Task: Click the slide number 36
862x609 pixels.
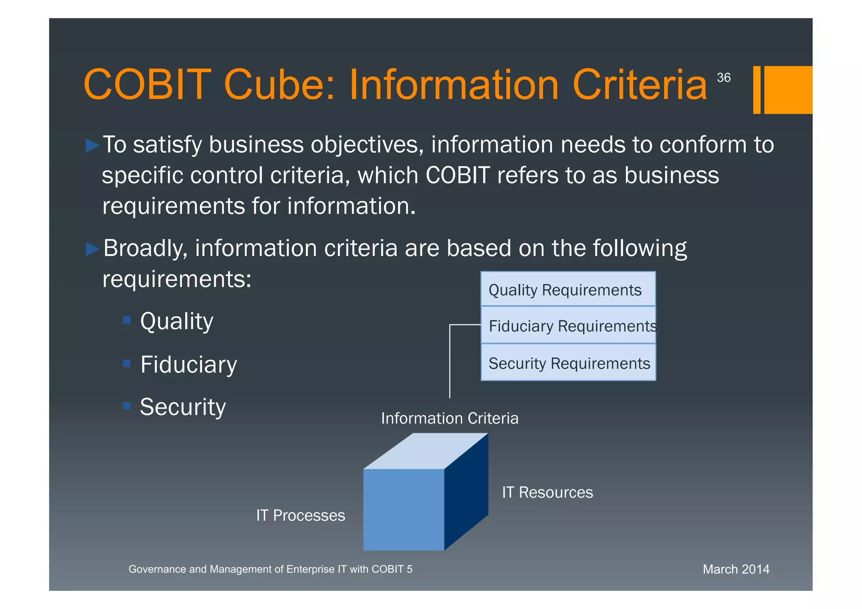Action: (724, 77)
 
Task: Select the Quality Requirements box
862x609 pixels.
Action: (568, 290)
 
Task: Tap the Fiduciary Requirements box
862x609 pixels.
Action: (568, 326)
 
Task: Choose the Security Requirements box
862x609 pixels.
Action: (568, 363)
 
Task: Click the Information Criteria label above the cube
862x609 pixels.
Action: (450, 418)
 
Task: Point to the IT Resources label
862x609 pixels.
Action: (547, 492)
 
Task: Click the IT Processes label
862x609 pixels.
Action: (301, 516)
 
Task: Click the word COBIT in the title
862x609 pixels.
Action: (147, 85)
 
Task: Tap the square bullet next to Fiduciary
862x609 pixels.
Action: (127, 363)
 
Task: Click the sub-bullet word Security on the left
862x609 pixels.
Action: (183, 407)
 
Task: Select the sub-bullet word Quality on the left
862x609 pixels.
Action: (177, 322)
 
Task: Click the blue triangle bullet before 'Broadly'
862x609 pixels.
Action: (92, 249)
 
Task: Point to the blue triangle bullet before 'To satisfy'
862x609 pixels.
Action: (92, 146)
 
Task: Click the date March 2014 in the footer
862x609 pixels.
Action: (736, 569)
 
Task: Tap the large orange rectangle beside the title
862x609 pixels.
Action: (788, 90)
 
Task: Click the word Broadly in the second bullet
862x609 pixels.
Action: (145, 248)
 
